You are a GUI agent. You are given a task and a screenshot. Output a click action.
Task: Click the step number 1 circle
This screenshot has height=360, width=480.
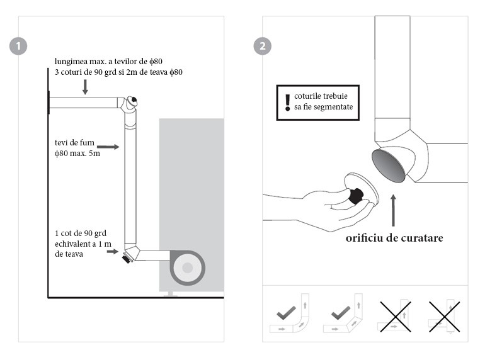(20, 46)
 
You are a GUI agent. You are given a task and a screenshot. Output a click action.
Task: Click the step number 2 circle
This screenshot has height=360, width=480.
(262, 46)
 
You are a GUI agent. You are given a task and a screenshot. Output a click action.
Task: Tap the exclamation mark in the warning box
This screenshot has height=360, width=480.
(287, 102)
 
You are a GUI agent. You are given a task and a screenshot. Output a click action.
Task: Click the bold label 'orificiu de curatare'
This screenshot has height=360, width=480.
(394, 239)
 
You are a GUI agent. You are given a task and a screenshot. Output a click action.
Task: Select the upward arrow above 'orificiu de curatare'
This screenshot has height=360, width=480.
(394, 210)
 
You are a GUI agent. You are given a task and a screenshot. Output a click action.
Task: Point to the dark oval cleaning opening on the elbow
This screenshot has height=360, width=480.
(389, 166)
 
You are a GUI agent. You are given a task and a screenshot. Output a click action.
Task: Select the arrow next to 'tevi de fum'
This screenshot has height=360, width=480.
(108, 147)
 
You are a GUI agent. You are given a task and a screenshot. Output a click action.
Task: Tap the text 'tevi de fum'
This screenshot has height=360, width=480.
(70, 142)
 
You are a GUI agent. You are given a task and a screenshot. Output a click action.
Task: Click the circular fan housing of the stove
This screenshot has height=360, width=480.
(187, 268)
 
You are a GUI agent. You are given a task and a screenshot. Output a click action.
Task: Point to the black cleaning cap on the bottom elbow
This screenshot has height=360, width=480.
(127, 258)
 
